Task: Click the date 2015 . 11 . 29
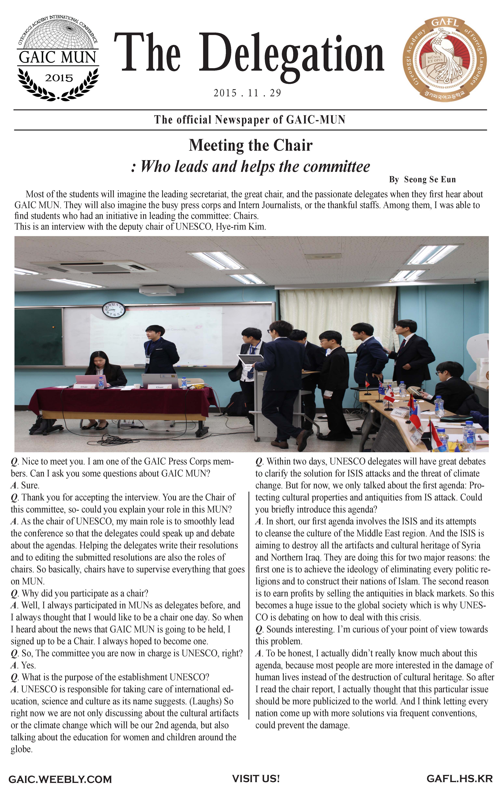pos(247,93)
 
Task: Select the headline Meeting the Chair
pos(250,145)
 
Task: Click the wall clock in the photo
pos(114,310)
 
